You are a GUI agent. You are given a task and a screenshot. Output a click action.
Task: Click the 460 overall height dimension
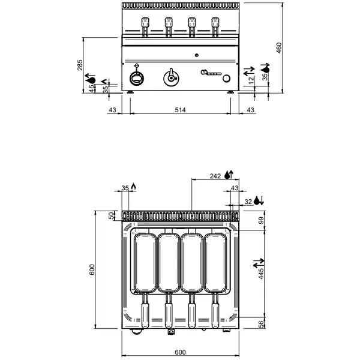[278, 47]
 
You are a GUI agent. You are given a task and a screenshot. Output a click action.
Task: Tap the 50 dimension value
[111, 215]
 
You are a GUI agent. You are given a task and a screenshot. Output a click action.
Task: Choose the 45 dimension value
[92, 88]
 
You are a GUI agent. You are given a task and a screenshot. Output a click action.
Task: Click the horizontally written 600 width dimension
[180, 352]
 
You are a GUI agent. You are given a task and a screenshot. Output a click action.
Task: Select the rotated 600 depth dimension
[92, 271]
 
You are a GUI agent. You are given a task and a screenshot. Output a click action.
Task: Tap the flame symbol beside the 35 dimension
[134, 187]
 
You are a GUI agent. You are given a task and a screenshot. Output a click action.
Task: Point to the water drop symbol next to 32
[258, 200]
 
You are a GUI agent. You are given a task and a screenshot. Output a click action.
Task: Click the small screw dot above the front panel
[195, 55]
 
